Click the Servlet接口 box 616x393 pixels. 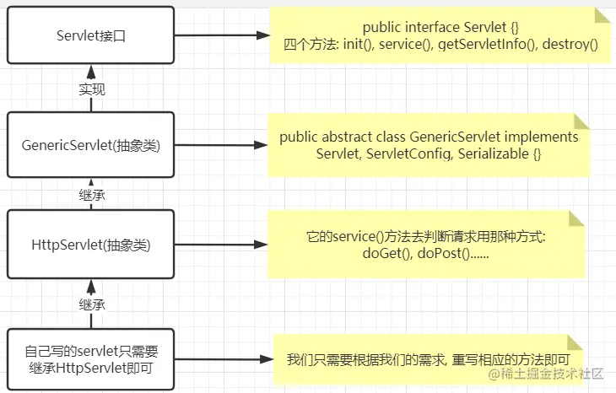(x=90, y=35)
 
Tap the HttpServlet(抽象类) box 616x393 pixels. (x=90, y=245)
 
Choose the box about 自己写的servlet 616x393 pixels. (x=90, y=358)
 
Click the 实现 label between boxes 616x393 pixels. (x=92, y=89)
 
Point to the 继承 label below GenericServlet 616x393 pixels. (x=92, y=194)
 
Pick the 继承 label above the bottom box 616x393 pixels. (x=92, y=304)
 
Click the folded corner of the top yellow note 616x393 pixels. (x=602, y=14)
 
